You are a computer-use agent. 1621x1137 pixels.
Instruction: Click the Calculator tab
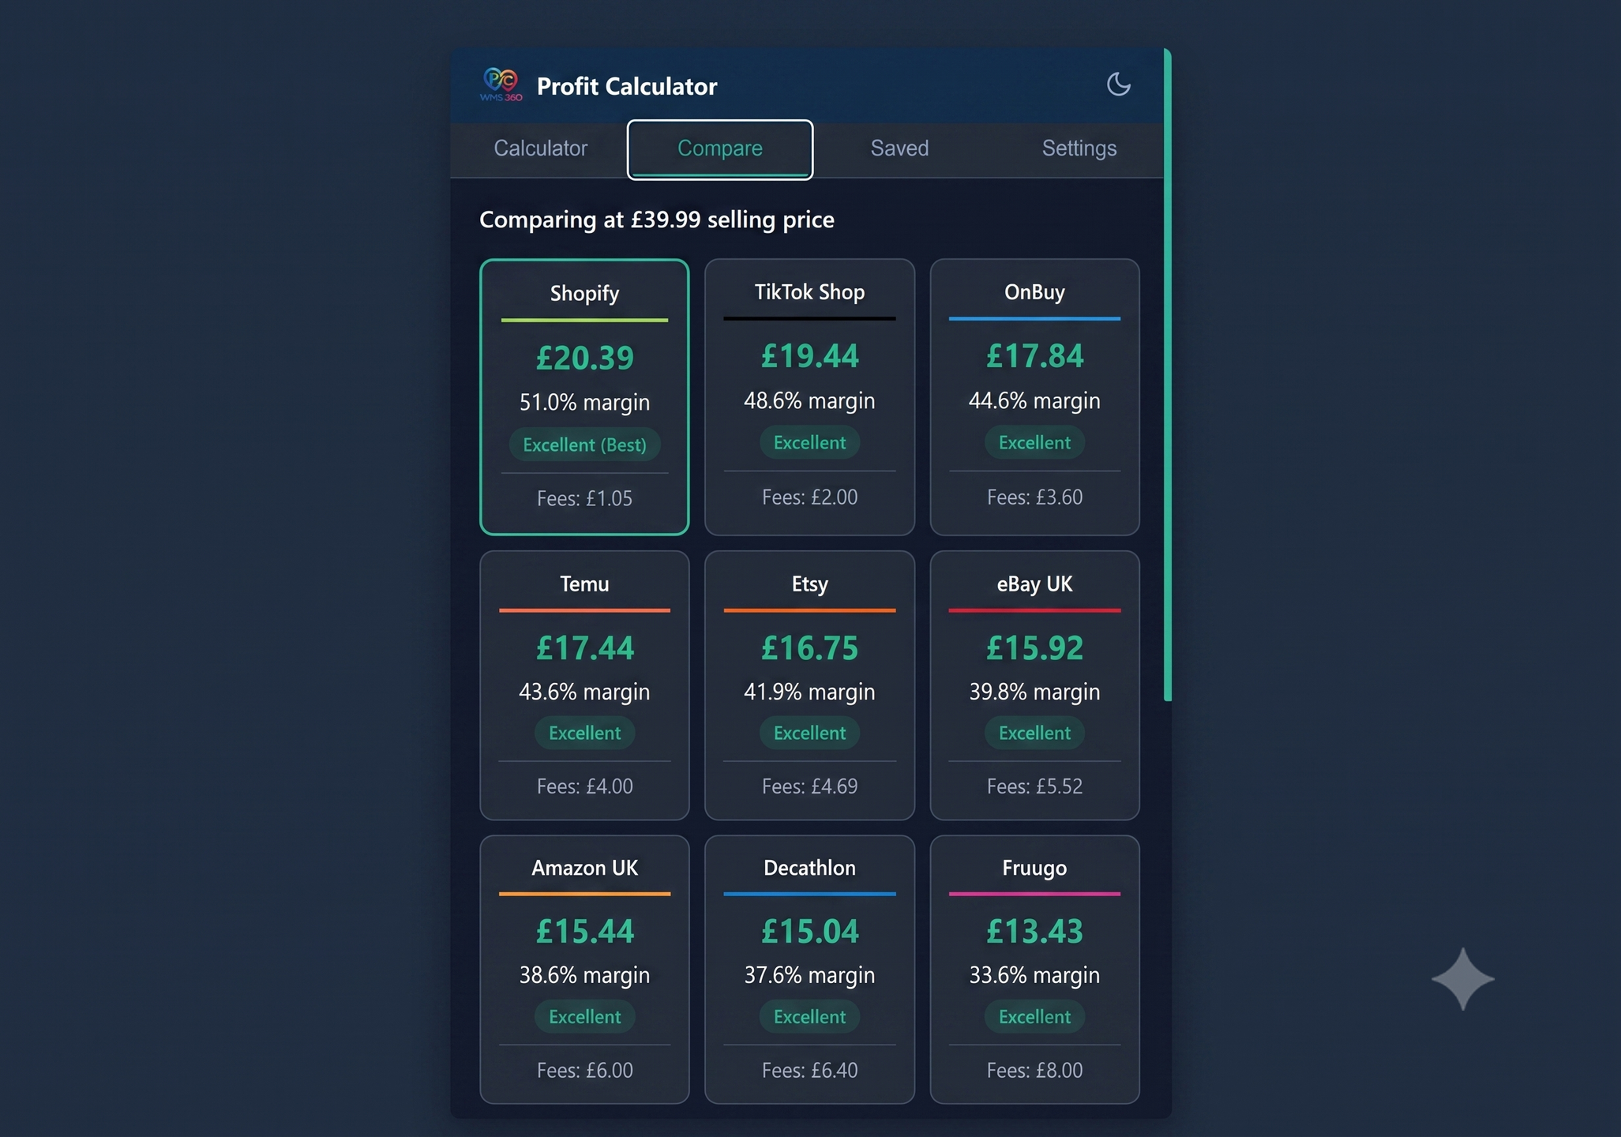pos(540,148)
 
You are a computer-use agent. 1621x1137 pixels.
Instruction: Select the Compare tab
pos(719,149)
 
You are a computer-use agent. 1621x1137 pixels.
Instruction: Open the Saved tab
pos(899,148)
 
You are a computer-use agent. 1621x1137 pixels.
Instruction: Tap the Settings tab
pos(1079,148)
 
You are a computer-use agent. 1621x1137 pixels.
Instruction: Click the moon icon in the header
pos(1118,84)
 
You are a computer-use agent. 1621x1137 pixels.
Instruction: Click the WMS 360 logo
pos(501,84)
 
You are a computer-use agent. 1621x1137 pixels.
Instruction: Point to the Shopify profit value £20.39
pos(584,358)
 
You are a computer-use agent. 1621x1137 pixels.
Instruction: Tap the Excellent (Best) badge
pos(584,445)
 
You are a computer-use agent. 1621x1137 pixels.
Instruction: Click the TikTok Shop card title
pos(809,292)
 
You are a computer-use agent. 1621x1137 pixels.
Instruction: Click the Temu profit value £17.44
pos(584,648)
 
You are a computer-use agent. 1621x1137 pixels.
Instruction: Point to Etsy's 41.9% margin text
pos(809,692)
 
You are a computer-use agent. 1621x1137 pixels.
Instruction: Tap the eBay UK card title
pos(1034,584)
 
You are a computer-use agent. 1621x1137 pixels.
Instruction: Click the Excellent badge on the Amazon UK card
pos(584,1017)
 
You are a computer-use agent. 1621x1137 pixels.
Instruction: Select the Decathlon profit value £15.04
pos(809,932)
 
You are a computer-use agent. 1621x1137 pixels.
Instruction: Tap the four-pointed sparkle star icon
pos(1462,979)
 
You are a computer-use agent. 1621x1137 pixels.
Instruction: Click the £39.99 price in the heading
pos(665,220)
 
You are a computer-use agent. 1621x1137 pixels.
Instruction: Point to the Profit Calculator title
pos(627,86)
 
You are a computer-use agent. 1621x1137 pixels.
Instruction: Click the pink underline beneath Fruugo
pos(1034,894)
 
